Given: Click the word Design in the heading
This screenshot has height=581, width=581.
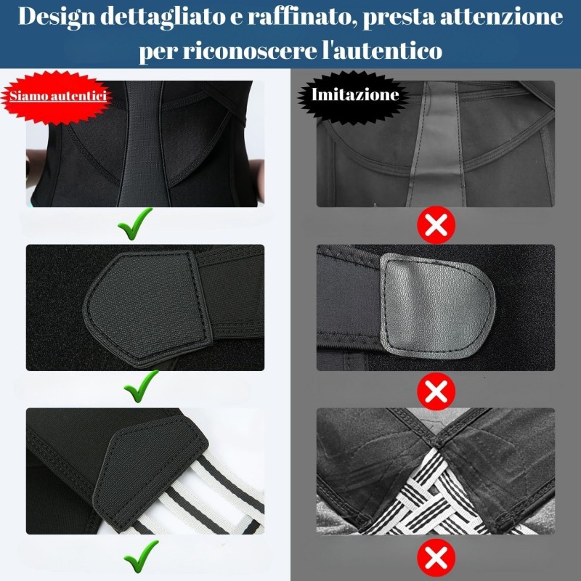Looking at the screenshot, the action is coord(57,17).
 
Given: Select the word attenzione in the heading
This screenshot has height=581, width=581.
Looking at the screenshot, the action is coord(501,17).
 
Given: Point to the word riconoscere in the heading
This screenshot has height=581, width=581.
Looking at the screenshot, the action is coord(248,51).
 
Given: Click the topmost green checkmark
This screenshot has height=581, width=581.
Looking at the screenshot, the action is coord(134,223).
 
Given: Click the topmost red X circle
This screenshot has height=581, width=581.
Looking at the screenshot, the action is coord(436,224).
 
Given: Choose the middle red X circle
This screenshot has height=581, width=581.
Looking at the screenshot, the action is coord(436,391).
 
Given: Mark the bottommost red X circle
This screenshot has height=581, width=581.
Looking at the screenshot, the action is coord(436,558).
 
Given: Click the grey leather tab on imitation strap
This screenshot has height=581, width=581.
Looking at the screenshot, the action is coord(437,306).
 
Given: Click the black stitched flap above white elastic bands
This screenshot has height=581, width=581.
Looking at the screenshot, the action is coord(148,471).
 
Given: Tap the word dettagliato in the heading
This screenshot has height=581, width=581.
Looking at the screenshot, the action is coord(162,17).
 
